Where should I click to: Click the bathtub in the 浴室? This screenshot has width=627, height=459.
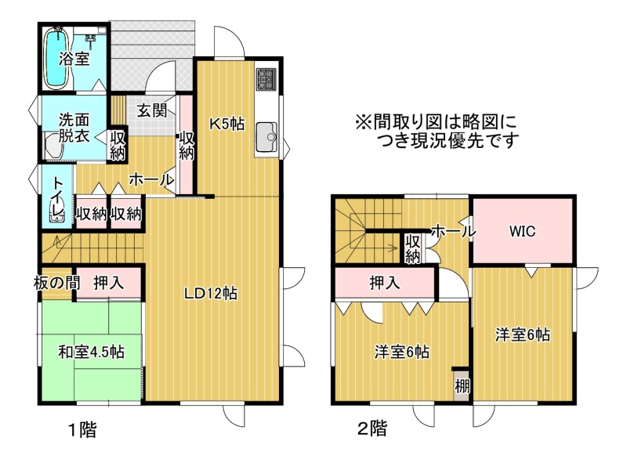pyautogui.click(x=56, y=58)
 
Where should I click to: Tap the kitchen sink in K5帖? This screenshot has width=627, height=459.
pyautogui.click(x=266, y=137)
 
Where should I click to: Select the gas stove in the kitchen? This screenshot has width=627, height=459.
pyautogui.click(x=266, y=78)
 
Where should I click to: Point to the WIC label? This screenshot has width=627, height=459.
pyautogui.click(x=522, y=231)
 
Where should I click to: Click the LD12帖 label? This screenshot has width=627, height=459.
pyautogui.click(x=210, y=294)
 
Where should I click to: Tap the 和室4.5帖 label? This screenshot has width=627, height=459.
pyautogui.click(x=91, y=352)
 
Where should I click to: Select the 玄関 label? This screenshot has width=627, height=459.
pyautogui.click(x=151, y=110)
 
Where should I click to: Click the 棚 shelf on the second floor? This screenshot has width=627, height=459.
pyautogui.click(x=462, y=384)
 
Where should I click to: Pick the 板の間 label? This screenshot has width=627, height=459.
pyautogui.click(x=56, y=283)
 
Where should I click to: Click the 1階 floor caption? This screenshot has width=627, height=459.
pyautogui.click(x=82, y=430)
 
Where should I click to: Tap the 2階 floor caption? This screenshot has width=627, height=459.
pyautogui.click(x=371, y=428)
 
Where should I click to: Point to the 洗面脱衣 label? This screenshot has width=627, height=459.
pyautogui.click(x=74, y=128)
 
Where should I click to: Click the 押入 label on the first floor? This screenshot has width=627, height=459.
pyautogui.click(x=109, y=283)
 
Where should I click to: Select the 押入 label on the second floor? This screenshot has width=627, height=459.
pyautogui.click(x=385, y=283)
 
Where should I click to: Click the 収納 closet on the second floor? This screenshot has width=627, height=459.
pyautogui.click(x=413, y=248)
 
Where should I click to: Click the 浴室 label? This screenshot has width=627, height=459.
pyautogui.click(x=74, y=59)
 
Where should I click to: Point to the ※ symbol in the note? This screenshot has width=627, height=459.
pyautogui.click(x=363, y=122)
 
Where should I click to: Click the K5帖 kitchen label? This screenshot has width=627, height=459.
pyautogui.click(x=227, y=124)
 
